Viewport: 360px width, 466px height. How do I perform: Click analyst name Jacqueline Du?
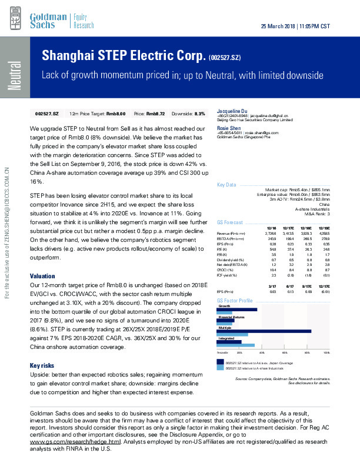[232, 111]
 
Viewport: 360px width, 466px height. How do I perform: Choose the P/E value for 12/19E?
[324, 249]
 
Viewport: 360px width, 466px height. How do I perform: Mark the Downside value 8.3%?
[198, 113]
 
